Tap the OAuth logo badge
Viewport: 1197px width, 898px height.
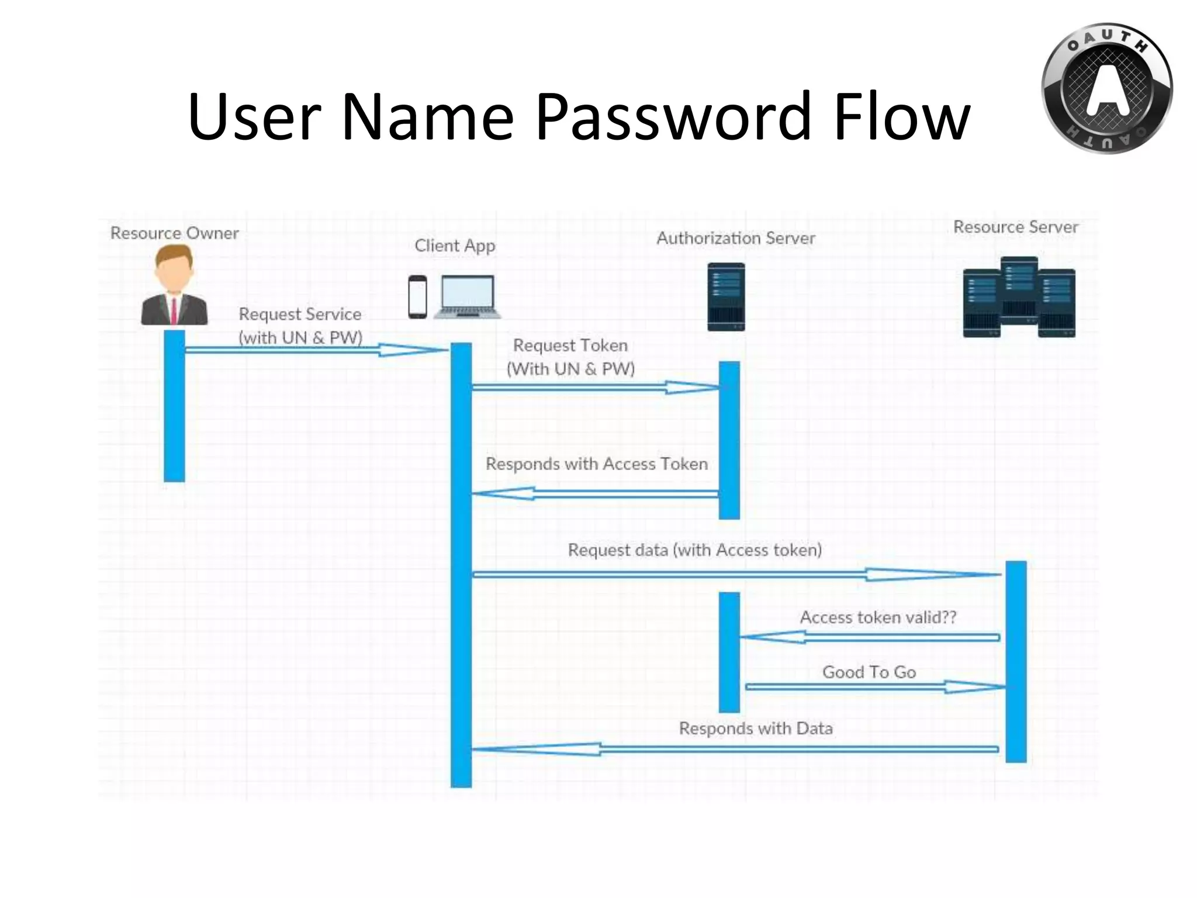pyautogui.click(x=1106, y=89)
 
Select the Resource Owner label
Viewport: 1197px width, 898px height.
pyautogui.click(x=174, y=233)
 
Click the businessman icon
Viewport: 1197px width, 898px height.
pyautogui.click(x=174, y=285)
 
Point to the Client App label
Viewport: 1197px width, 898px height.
pyautogui.click(x=455, y=246)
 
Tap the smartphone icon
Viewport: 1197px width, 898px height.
pyautogui.click(x=417, y=296)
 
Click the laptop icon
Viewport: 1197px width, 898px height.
pyautogui.click(x=468, y=296)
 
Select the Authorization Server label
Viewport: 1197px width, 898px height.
pyautogui.click(x=735, y=239)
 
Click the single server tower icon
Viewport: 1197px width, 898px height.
pyautogui.click(x=726, y=297)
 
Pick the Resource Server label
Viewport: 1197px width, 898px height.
pyautogui.click(x=1015, y=227)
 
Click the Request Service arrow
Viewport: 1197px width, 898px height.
pyautogui.click(x=316, y=350)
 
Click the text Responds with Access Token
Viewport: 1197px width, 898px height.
pyautogui.click(x=596, y=464)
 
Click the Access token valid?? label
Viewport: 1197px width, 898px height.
pyautogui.click(x=877, y=617)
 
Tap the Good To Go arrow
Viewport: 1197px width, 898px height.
pyautogui.click(x=874, y=687)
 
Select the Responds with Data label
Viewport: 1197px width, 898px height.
pyautogui.click(x=755, y=728)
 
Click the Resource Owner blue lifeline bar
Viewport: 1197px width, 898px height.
pyautogui.click(x=174, y=406)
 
